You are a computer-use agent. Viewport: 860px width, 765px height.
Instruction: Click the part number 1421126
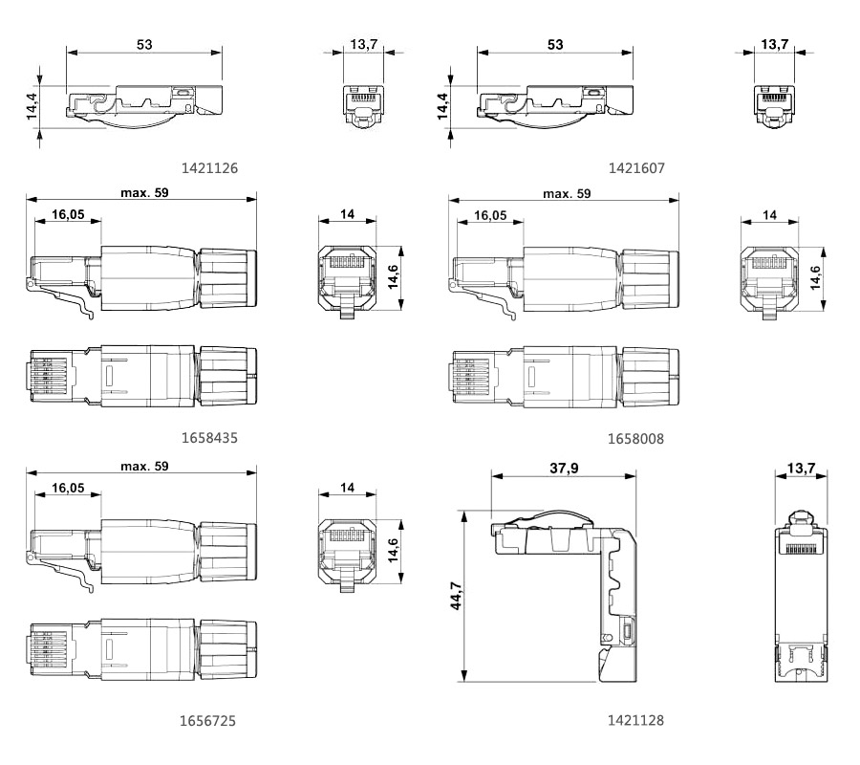coord(209,168)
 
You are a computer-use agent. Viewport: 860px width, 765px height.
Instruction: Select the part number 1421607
coord(636,168)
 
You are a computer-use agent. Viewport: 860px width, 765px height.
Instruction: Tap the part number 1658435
coord(209,438)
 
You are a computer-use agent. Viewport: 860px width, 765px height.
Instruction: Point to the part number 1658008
coord(635,439)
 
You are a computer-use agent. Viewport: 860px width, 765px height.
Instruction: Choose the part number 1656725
coord(208,721)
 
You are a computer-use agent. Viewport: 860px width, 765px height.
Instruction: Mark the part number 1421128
coord(635,720)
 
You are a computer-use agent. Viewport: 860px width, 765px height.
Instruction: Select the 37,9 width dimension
coord(564,469)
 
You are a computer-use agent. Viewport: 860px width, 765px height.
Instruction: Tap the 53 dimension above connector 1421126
coord(144,44)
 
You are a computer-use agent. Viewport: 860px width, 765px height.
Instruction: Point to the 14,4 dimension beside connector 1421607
coord(442,106)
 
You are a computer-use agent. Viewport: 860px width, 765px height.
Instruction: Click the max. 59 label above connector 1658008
coord(567,194)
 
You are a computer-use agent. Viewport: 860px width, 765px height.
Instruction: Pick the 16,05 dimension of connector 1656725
coord(68,488)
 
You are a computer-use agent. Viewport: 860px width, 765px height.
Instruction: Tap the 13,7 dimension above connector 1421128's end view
coord(801,469)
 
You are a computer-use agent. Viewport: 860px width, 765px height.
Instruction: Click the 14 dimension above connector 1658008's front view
coord(769,215)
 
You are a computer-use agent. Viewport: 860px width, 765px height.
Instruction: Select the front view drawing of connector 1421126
coord(364,107)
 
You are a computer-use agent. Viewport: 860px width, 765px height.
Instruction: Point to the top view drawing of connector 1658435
coord(143,377)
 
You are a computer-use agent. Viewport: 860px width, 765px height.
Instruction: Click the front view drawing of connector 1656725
coord(347,556)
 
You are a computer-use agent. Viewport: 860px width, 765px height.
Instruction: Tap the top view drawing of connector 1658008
coord(566,377)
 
